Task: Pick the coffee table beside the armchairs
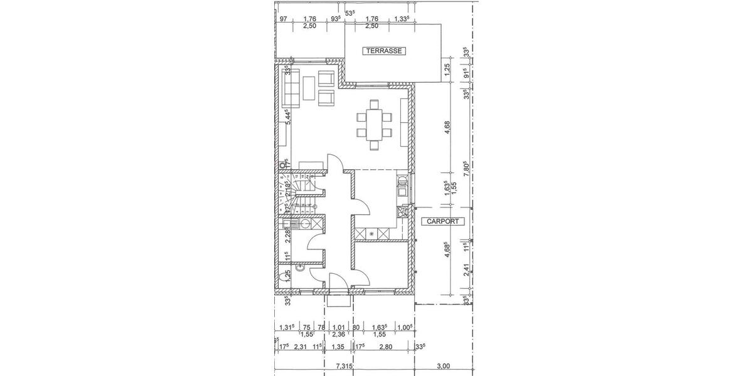point(309,88)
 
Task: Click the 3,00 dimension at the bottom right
point(443,366)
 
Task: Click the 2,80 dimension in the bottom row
point(385,345)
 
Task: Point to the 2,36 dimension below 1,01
point(339,335)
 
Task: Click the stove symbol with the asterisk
point(371,234)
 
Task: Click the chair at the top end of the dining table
point(374,104)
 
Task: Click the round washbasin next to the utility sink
point(306,223)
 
